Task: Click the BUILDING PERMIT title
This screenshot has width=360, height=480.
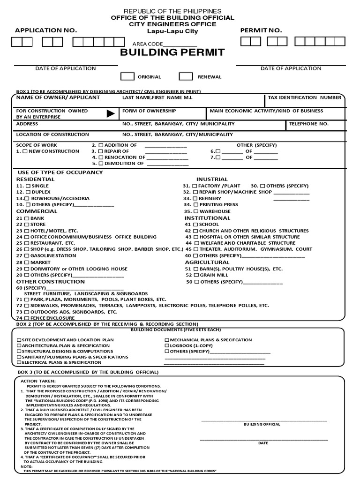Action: pyautogui.click(x=172, y=52)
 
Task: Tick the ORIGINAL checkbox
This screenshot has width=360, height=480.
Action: pyautogui.click(x=127, y=77)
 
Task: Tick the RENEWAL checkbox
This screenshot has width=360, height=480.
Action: pyautogui.click(x=186, y=77)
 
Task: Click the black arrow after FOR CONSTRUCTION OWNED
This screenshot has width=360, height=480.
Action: pyautogui.click(x=111, y=113)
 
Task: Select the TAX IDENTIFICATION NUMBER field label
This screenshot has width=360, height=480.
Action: pyautogui.click(x=304, y=97)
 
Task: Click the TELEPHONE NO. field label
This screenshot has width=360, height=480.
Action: pyautogui.click(x=308, y=124)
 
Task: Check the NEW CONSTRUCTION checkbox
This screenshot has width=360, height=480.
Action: pyautogui.click(x=25, y=151)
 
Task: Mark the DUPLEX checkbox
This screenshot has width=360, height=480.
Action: pyautogui.click(x=28, y=192)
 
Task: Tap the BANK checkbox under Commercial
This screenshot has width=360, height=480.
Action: pyautogui.click(x=27, y=218)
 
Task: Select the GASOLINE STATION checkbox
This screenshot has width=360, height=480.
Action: pyautogui.click(x=27, y=256)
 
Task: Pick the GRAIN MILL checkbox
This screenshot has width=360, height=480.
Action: pyautogui.click(x=196, y=275)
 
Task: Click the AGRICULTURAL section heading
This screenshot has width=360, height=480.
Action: pyautogui.click(x=207, y=262)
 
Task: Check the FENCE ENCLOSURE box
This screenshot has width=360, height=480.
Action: pyautogui.click(x=27, y=318)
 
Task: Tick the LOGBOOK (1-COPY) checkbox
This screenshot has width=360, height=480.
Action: pyautogui.click(x=167, y=345)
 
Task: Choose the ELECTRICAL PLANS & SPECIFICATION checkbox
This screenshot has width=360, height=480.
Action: pyautogui.click(x=19, y=362)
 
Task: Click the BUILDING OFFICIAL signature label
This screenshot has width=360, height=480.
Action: pyautogui.click(x=262, y=424)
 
